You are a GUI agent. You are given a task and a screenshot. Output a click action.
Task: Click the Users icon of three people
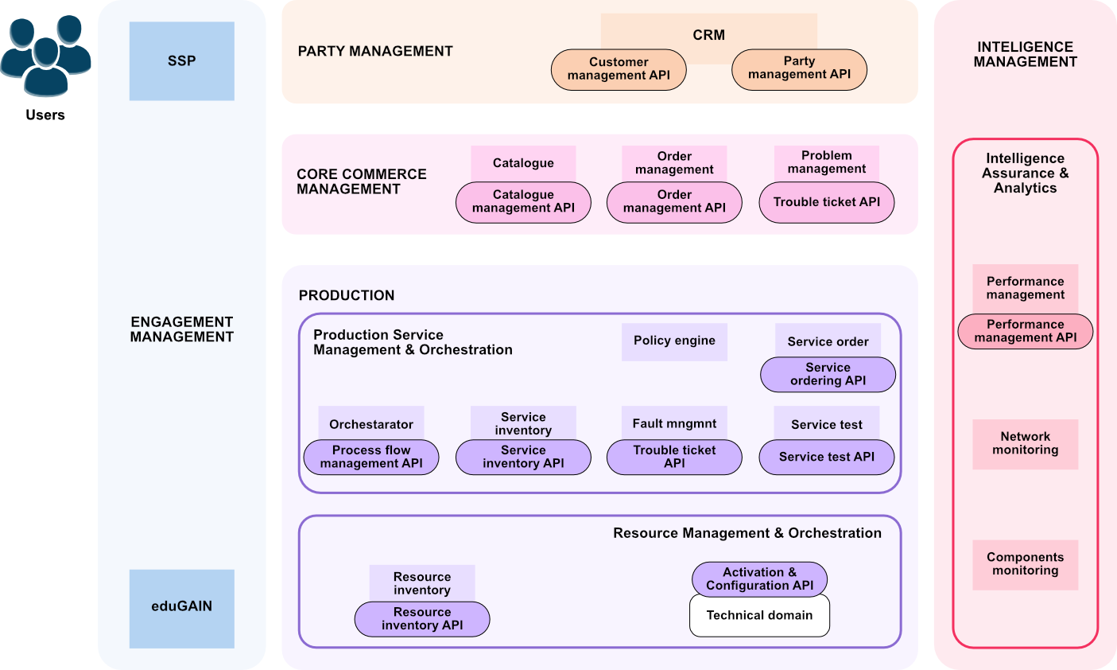(45, 55)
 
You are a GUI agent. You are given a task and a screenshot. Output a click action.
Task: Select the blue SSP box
(181, 61)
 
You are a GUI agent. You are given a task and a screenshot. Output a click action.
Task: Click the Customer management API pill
(619, 69)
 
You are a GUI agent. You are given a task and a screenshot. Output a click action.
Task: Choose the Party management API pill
(799, 69)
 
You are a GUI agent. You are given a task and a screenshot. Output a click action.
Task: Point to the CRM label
(708, 35)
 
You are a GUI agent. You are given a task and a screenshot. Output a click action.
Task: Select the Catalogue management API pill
(523, 202)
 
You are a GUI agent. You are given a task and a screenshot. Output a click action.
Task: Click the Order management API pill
(674, 202)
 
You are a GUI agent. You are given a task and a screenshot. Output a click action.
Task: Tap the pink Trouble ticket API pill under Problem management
(826, 202)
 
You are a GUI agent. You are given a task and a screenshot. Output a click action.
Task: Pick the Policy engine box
(674, 342)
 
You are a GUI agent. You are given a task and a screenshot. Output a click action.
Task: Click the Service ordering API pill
(828, 375)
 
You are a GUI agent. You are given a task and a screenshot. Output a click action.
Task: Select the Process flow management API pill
(371, 457)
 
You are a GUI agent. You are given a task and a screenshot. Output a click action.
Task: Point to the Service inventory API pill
(523, 457)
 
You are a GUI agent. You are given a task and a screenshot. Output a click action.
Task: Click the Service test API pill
(826, 457)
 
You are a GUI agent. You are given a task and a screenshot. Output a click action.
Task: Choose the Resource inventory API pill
(422, 619)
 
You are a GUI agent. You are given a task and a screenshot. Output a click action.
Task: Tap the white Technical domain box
(759, 616)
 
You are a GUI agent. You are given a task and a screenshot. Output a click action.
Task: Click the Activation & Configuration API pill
(759, 579)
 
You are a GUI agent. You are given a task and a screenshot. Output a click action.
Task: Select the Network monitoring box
(1026, 444)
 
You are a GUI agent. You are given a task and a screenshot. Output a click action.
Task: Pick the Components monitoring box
(1026, 565)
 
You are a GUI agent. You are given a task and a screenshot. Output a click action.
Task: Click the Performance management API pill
(1026, 331)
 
